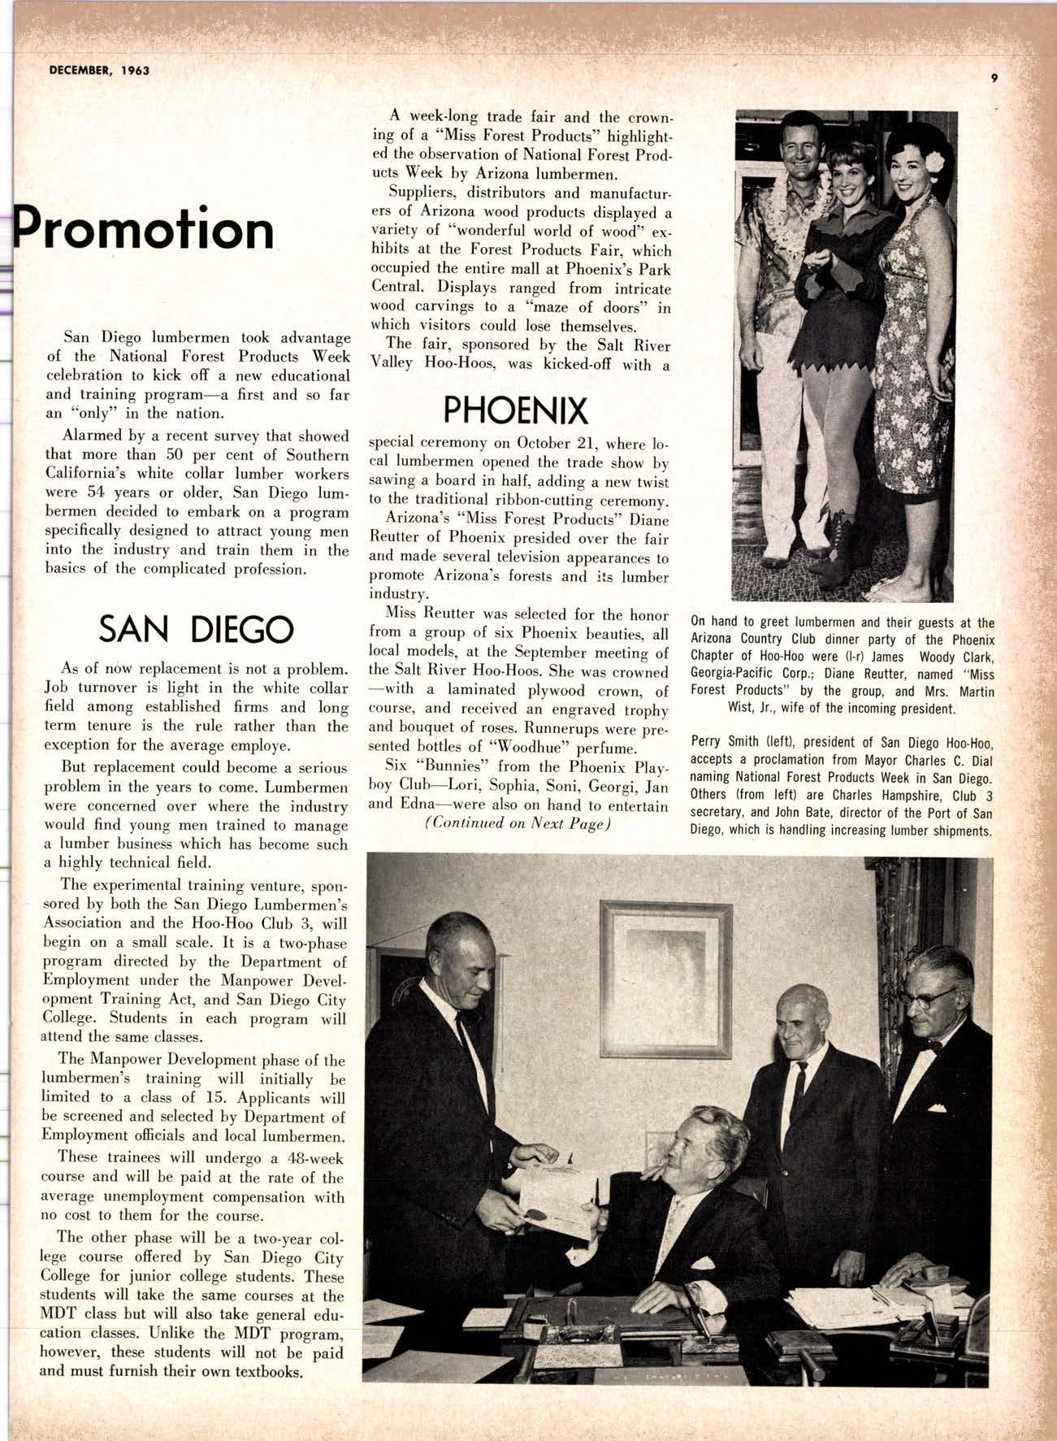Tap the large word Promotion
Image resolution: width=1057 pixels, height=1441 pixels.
tap(145, 229)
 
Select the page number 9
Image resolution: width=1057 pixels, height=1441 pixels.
tap(994, 78)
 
